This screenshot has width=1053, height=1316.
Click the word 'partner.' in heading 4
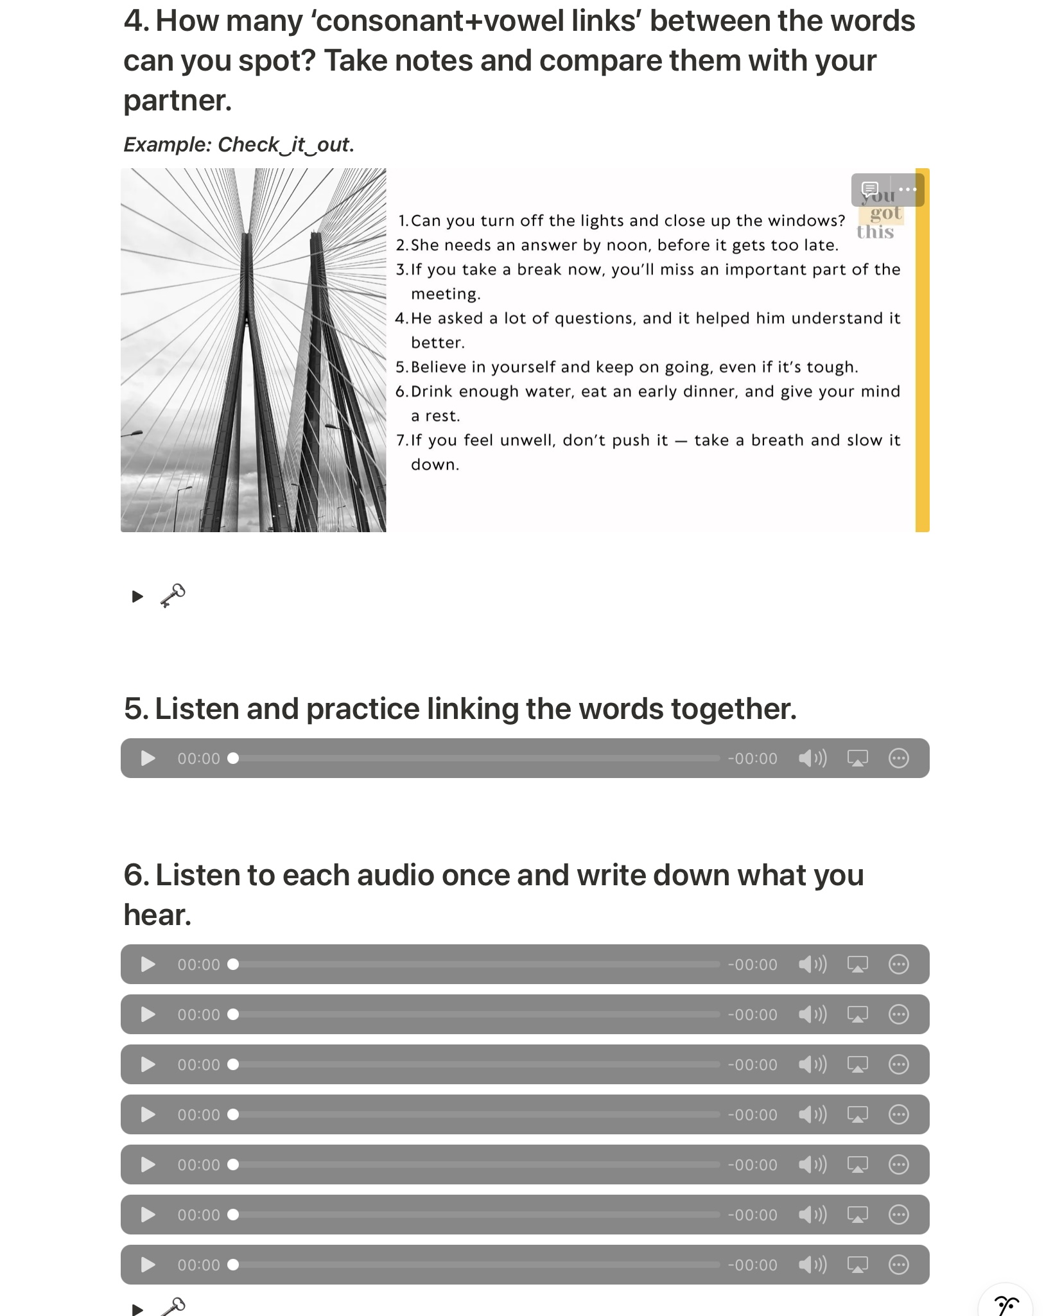[177, 101]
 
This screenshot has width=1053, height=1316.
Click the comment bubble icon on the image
[870, 189]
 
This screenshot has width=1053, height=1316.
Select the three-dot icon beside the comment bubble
[907, 189]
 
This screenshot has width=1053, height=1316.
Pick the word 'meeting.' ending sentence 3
[446, 294]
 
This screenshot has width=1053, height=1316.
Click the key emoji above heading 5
[173, 596]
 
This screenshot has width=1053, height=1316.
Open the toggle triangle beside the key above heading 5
[137, 596]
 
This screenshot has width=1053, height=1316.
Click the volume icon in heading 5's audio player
[812, 758]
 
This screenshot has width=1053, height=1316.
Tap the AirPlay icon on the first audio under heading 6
[857, 964]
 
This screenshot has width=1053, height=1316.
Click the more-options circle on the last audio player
[898, 1265]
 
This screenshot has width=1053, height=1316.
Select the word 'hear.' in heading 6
[157, 915]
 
